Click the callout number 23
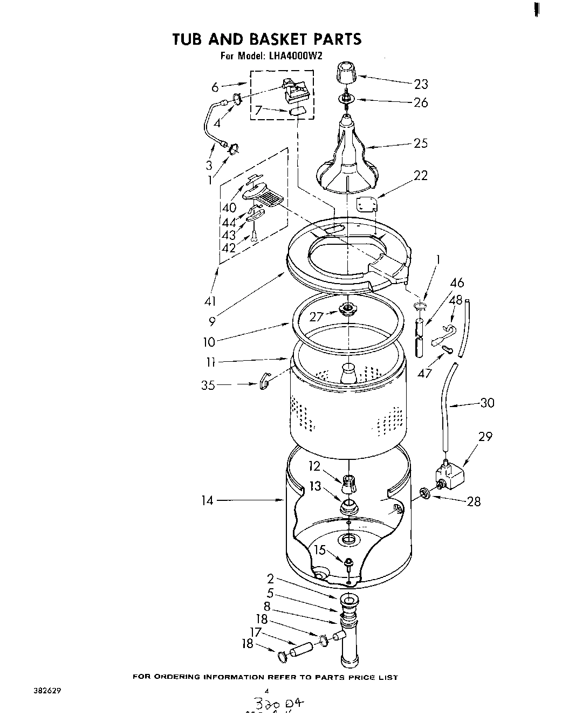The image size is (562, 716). point(421,84)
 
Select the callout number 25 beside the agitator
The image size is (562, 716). point(421,143)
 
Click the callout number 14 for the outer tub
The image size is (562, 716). point(207,500)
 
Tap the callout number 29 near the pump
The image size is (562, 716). point(485,436)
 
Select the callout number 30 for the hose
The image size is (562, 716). point(487,403)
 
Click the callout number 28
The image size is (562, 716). point(474,501)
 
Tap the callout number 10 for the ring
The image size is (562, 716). point(209,341)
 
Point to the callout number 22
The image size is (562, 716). point(421,175)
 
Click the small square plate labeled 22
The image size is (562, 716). point(367,204)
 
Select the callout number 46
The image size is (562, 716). point(457,283)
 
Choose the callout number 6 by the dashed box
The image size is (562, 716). point(215,86)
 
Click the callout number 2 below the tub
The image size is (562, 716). point(270,579)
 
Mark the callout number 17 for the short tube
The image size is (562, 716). point(256,632)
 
